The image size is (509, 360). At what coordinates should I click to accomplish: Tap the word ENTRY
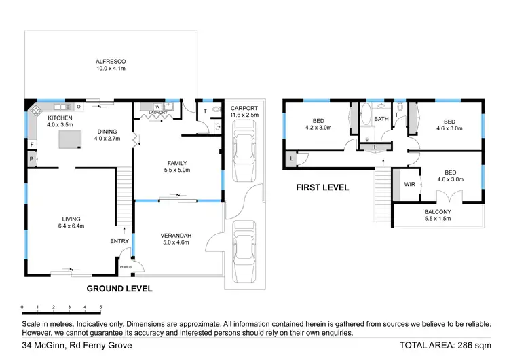[x=119, y=241]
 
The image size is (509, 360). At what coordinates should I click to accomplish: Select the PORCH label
[x=126, y=267]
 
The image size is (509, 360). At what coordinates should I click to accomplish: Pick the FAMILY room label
[x=176, y=163]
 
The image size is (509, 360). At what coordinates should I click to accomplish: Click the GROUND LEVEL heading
[x=119, y=289]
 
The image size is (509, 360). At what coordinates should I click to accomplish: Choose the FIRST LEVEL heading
[x=322, y=187]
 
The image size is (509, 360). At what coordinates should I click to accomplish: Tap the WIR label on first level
[x=409, y=184]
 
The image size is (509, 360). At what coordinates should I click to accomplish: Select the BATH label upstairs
[x=381, y=120]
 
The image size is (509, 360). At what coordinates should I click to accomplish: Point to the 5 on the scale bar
[x=100, y=308]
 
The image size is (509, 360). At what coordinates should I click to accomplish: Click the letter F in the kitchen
[x=31, y=144]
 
